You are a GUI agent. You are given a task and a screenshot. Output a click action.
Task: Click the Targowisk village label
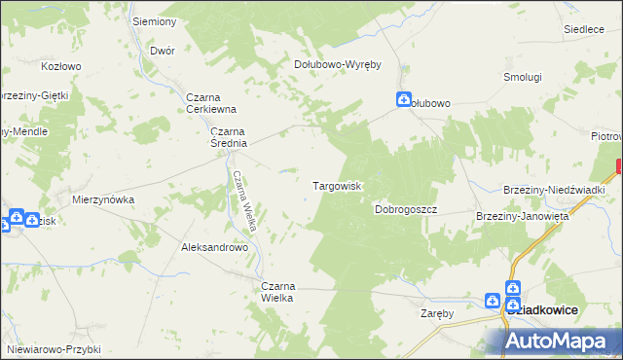coord(337,185)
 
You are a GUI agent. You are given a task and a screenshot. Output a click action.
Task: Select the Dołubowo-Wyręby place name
coord(337,64)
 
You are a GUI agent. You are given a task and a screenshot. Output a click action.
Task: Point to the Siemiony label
coord(154,21)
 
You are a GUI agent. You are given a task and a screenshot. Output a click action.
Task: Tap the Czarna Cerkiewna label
coord(211,103)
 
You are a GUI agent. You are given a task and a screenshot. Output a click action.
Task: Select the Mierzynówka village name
coord(103,199)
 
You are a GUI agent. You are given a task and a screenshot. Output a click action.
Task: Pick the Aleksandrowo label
coord(215,247)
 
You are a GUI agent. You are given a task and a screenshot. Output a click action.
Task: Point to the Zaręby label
coord(438,313)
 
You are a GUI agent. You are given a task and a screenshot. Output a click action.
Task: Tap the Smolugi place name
coord(522,76)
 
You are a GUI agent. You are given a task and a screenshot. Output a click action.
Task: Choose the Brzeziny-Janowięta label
coord(522,216)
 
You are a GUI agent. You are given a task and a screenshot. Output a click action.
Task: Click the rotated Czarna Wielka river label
coord(244,200)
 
